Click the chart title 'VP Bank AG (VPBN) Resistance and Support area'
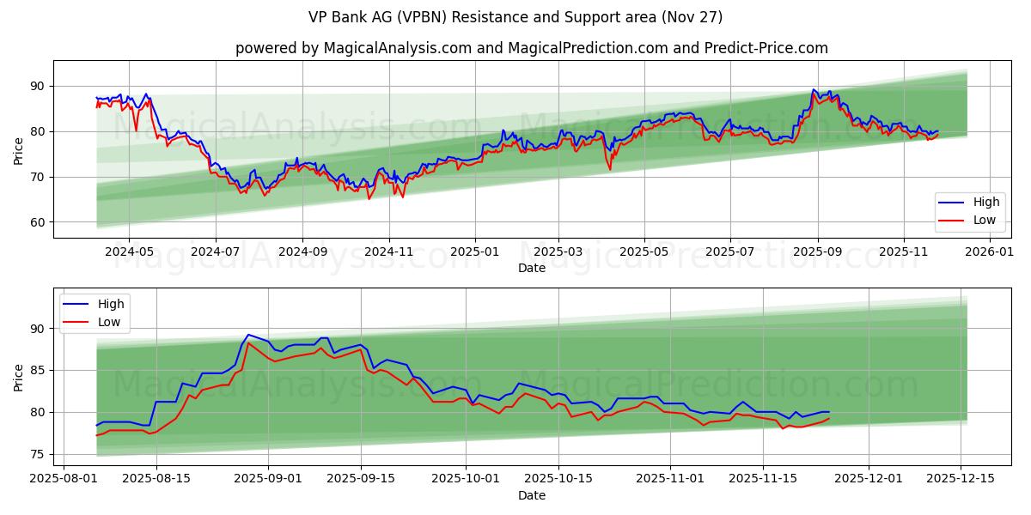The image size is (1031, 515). tap(515, 17)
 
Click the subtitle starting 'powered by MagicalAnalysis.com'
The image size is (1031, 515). tap(532, 48)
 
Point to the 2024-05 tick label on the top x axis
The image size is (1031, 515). tap(129, 253)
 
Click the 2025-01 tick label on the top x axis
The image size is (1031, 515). tap(475, 253)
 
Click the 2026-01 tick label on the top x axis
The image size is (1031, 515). tap(991, 253)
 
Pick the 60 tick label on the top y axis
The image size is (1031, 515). tap(37, 222)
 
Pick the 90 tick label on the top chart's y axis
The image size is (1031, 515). tap(37, 86)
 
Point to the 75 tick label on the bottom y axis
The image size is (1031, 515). tap(37, 454)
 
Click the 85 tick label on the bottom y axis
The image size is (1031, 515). tap(37, 370)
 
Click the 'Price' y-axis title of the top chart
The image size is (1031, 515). tap(19, 149)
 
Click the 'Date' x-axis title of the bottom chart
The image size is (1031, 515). tap(532, 496)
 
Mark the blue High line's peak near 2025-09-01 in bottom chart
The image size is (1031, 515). tap(248, 335)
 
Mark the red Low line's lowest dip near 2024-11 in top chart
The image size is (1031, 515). tap(369, 199)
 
